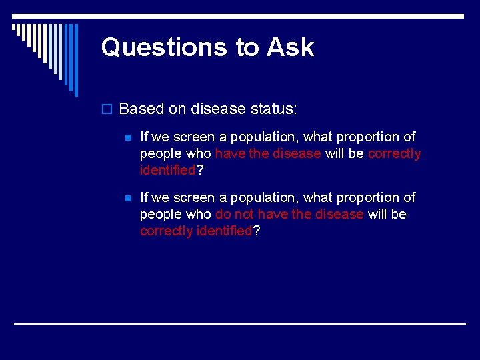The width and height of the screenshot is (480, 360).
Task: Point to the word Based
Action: (141, 108)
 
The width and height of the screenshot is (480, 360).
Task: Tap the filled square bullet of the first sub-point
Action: (129, 137)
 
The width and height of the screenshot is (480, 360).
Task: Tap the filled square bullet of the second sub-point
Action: (129, 198)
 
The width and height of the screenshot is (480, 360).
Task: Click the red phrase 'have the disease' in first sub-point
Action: (268, 153)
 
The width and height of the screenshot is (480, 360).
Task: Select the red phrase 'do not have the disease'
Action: (289, 214)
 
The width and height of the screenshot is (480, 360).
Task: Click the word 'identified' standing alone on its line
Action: (167, 170)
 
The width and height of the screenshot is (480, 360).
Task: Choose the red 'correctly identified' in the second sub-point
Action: (196, 231)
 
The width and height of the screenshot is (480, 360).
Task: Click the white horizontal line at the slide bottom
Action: (240, 323)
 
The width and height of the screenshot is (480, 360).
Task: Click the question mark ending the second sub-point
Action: (257, 231)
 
